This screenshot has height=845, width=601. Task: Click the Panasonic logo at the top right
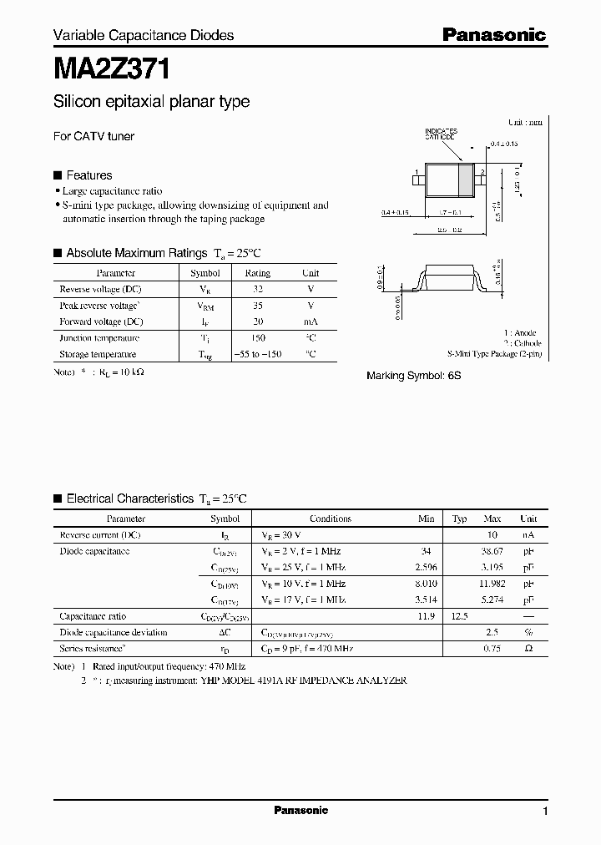(x=493, y=34)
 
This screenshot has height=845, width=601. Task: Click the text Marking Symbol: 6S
(x=413, y=376)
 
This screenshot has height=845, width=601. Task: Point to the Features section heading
(x=88, y=175)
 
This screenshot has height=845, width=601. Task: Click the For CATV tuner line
(x=93, y=136)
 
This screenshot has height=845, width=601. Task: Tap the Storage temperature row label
(x=98, y=354)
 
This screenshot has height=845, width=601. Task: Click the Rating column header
(x=257, y=273)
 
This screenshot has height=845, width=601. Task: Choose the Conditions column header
(x=331, y=519)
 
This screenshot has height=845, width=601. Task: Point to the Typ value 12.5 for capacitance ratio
(x=459, y=616)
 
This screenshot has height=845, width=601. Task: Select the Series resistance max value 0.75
(x=492, y=649)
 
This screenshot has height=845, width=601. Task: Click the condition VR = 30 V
(x=281, y=534)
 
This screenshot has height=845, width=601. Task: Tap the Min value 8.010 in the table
(x=426, y=584)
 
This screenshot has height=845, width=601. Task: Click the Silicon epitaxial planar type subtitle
(x=151, y=102)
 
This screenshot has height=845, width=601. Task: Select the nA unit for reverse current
(x=528, y=534)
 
